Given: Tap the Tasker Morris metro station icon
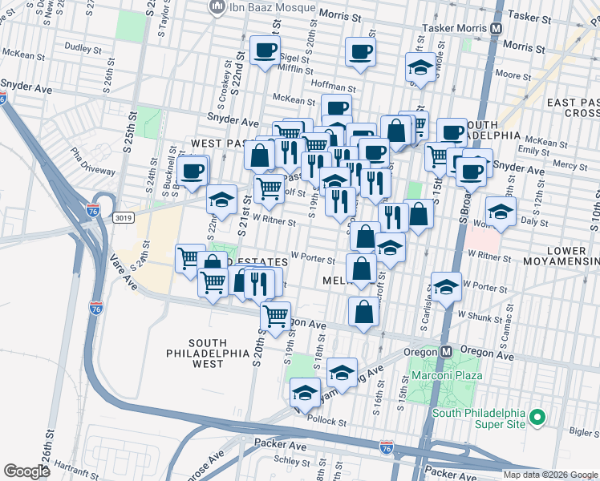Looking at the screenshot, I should (497, 26).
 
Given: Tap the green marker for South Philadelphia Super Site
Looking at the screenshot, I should (539, 418).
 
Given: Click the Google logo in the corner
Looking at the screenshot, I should (26, 471).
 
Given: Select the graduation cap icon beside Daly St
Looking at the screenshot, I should (500, 212).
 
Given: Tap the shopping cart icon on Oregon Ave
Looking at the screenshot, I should (275, 315).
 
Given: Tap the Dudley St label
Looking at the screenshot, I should (81, 47).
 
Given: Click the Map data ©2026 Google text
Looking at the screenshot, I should (550, 474).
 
